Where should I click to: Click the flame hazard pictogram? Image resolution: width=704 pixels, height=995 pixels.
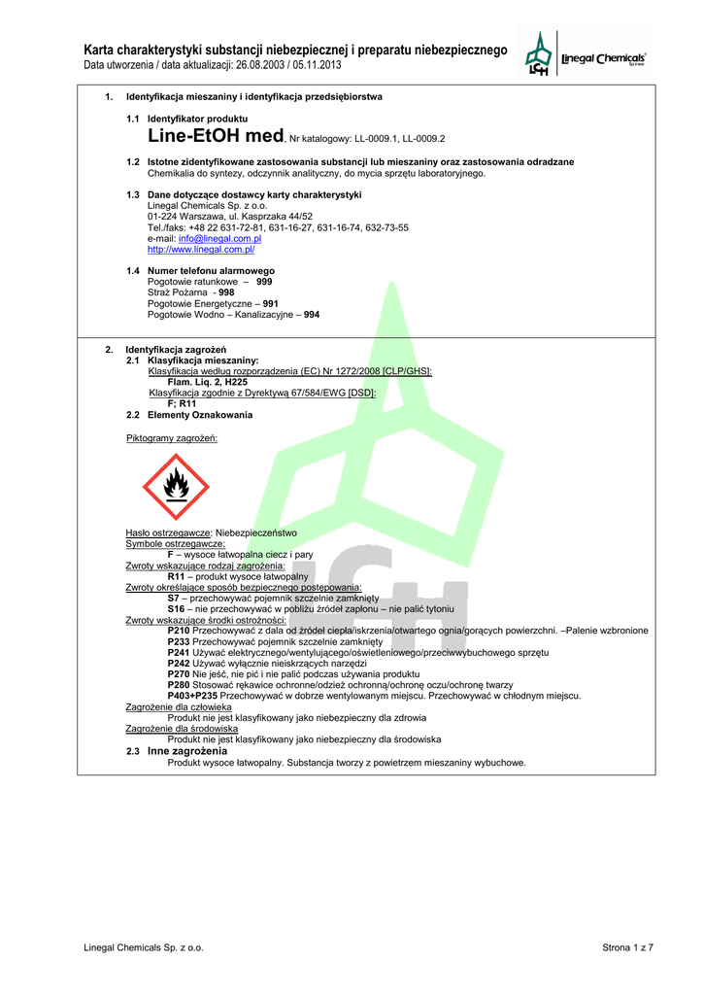(x=176, y=486)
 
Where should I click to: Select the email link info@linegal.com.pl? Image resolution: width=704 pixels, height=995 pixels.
(x=219, y=238)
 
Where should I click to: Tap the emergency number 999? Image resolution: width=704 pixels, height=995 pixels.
(x=264, y=281)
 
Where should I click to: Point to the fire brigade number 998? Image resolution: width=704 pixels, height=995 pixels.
(x=226, y=292)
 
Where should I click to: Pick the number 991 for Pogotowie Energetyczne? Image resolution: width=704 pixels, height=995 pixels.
(x=271, y=303)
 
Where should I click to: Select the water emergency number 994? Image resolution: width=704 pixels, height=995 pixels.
(x=312, y=315)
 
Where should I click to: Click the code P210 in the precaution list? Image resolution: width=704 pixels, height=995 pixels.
(x=179, y=631)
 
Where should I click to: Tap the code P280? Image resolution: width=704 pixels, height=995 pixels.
(x=179, y=685)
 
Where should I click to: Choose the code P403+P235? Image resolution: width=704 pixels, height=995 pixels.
(x=192, y=696)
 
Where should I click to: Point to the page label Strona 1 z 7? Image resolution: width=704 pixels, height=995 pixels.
(x=628, y=947)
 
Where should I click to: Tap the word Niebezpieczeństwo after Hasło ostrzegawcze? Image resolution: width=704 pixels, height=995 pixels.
(x=256, y=533)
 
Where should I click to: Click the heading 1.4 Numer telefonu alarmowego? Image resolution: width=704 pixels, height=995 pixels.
(x=211, y=270)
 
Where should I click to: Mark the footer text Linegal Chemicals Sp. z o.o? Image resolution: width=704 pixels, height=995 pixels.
(x=144, y=947)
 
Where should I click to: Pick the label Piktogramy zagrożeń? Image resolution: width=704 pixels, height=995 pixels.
(x=172, y=438)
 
